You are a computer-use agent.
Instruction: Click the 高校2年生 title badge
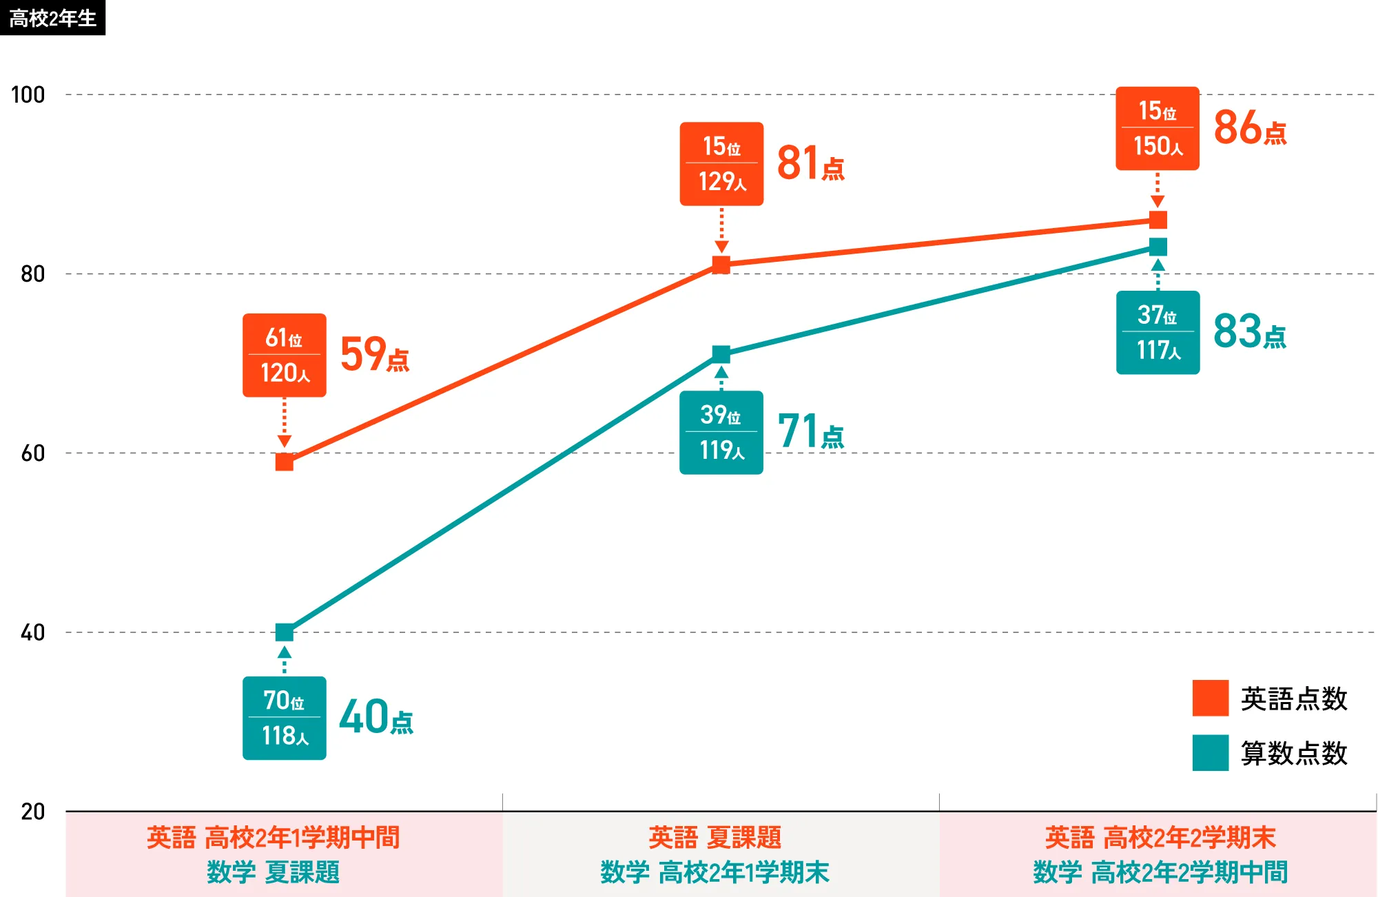[x=52, y=18]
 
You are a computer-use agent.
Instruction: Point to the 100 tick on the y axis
[x=28, y=94]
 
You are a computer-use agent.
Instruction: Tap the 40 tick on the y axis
[x=32, y=632]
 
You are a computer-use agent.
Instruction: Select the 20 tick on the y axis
[x=32, y=812]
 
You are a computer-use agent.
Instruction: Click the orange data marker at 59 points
[x=285, y=462]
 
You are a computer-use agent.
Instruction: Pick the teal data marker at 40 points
[x=285, y=632]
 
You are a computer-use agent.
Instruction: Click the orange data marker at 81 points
[x=721, y=265]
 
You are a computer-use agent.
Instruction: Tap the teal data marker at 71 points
[x=721, y=354]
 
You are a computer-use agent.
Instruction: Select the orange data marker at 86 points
[x=1158, y=220]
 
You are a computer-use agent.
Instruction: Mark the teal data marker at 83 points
[x=1158, y=247]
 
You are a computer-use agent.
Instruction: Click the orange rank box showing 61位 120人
[x=285, y=355]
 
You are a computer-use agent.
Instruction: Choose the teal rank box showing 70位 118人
[x=285, y=718]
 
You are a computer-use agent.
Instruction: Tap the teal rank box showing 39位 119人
[x=721, y=433]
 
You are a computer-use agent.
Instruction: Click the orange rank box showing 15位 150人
[x=1158, y=128]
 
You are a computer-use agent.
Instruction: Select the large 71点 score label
[x=811, y=431]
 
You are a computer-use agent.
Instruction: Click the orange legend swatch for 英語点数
[x=1211, y=698]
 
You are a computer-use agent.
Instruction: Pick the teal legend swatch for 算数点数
[x=1211, y=752]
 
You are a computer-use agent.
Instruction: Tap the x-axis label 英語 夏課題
[x=715, y=838]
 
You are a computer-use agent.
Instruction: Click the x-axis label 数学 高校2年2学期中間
[x=1160, y=872]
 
